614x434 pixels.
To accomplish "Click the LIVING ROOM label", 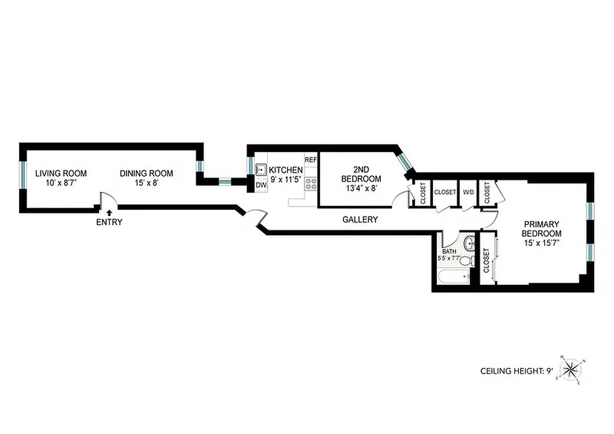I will click(x=61, y=174).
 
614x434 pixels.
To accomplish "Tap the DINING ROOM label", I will click(x=146, y=174).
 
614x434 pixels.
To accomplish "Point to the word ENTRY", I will click(x=109, y=222).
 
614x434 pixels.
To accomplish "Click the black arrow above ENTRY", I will click(x=109, y=213).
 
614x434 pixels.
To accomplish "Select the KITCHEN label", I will click(x=286, y=170).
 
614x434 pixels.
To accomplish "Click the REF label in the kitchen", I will click(x=311, y=160).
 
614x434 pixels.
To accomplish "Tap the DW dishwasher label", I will click(x=261, y=186).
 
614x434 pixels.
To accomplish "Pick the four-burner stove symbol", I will click(x=311, y=184).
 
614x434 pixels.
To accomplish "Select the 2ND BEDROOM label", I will click(x=361, y=174).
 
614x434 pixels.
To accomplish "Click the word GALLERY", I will click(x=360, y=220).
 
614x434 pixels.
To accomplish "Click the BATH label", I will click(x=449, y=252).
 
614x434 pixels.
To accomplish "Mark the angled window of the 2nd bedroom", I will click(x=404, y=162).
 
